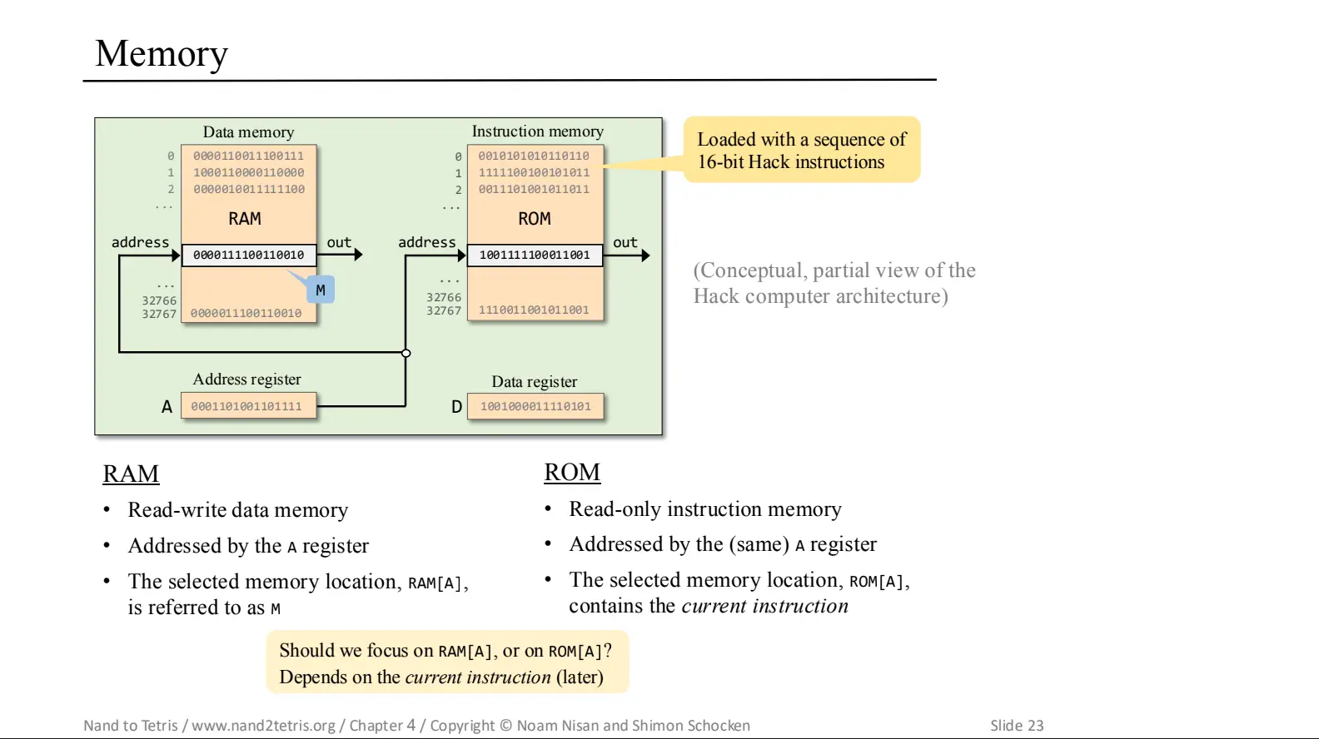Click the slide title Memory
click(x=162, y=54)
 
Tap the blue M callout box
click(x=321, y=290)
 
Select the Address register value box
click(x=248, y=406)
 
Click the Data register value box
click(x=535, y=406)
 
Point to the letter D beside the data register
click(x=456, y=407)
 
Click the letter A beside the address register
click(x=167, y=407)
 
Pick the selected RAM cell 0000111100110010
click(x=248, y=255)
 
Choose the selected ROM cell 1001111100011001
click(x=535, y=255)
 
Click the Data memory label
click(x=248, y=132)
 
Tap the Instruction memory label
click(x=537, y=131)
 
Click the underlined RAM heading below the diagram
click(x=131, y=474)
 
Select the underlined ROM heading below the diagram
click(x=572, y=472)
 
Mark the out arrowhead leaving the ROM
click(x=645, y=255)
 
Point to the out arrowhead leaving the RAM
click(x=358, y=255)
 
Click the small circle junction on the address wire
click(x=406, y=353)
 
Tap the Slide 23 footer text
click(x=1017, y=725)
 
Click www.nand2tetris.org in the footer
click(x=263, y=725)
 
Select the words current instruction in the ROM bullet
click(x=764, y=606)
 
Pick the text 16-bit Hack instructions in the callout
click(x=791, y=162)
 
